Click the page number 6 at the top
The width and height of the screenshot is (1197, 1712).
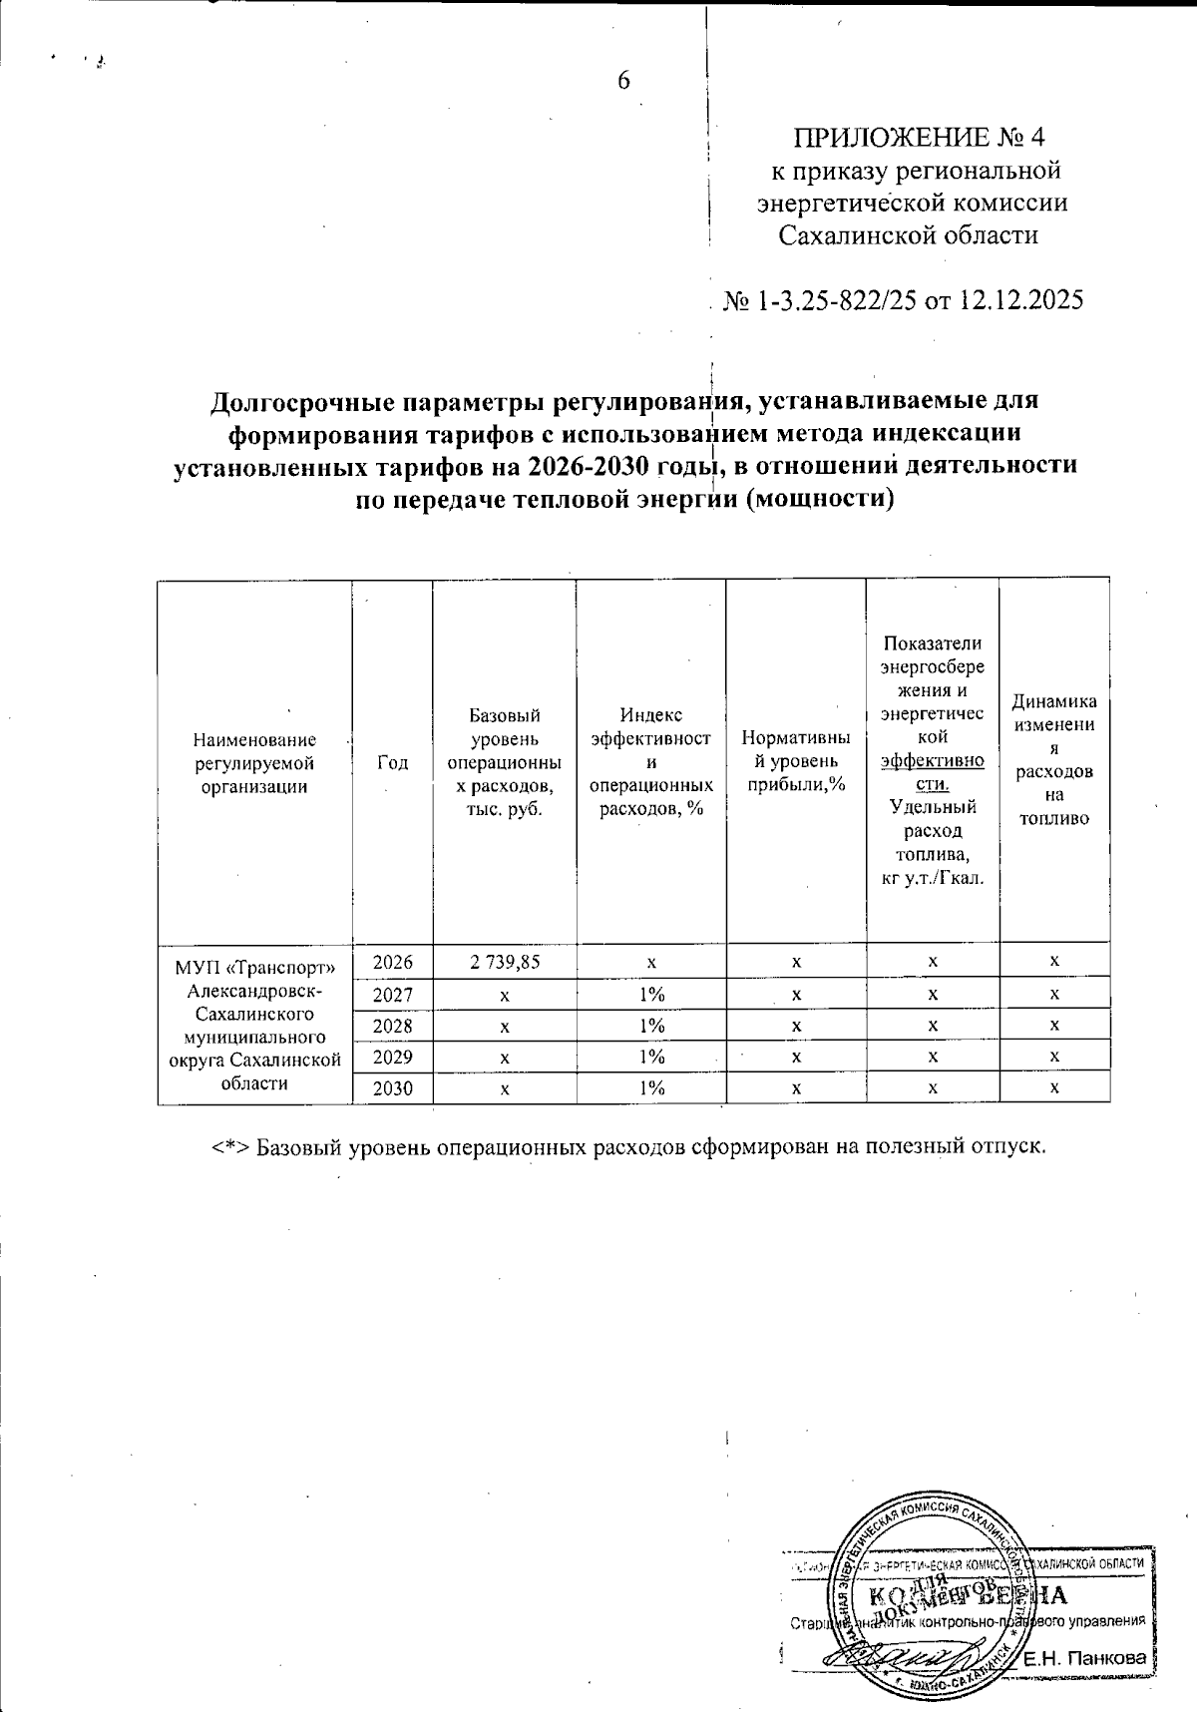(x=623, y=82)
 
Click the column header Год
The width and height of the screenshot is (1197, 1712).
(x=392, y=762)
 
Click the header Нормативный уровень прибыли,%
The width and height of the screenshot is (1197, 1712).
(x=796, y=762)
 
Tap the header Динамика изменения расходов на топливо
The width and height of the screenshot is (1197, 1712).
(x=1054, y=760)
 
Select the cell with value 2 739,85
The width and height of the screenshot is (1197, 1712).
(x=504, y=961)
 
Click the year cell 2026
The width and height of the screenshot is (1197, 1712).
(x=392, y=962)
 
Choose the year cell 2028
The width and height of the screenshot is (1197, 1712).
(x=392, y=1026)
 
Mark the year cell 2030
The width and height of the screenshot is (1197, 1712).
(x=392, y=1088)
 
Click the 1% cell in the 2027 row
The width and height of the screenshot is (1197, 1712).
(x=651, y=994)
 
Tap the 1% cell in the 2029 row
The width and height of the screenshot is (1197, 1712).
(x=651, y=1057)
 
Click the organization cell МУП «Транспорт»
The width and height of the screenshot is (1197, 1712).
(x=254, y=1023)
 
